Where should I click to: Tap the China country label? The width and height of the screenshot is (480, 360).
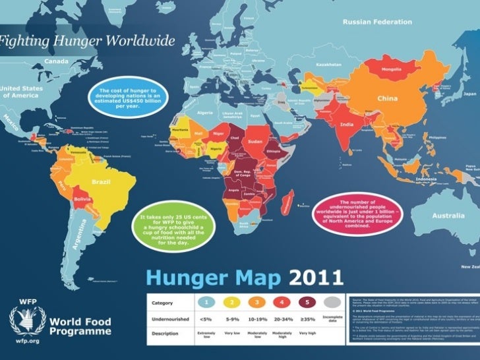pos(386,98)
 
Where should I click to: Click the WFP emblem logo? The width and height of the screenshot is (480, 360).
pos(27,320)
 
